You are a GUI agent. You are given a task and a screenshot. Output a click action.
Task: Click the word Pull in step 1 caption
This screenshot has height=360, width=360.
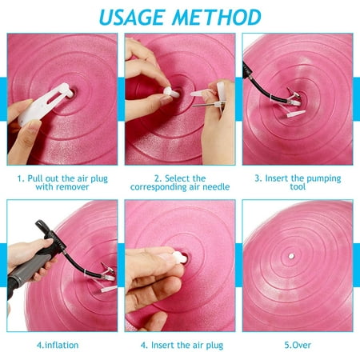tap(36, 179)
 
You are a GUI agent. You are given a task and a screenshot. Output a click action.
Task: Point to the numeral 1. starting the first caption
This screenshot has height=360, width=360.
tap(19, 179)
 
